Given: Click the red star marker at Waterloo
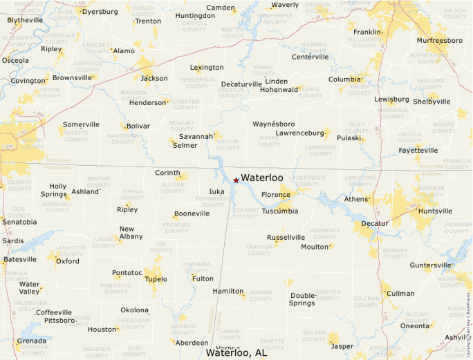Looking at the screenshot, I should click(236, 180).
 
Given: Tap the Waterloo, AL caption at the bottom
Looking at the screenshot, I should click(236, 352).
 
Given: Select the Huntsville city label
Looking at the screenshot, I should click(435, 211).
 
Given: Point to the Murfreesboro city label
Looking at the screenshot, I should click(439, 40).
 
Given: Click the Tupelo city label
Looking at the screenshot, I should click(156, 279).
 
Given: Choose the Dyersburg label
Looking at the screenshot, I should click(100, 12).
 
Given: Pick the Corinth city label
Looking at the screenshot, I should click(167, 173).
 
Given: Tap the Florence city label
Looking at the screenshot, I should click(276, 195).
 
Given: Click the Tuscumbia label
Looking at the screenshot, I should click(280, 211).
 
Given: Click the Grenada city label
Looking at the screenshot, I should click(31, 341).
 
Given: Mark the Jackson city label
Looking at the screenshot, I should click(154, 78).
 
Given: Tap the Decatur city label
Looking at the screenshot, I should click(374, 223).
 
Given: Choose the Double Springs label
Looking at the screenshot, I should click(302, 299).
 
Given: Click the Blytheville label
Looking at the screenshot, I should click(25, 20).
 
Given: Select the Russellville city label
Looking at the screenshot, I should click(286, 237).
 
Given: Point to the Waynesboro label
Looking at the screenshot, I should click(274, 124).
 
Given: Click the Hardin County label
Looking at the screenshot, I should click(228, 144).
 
